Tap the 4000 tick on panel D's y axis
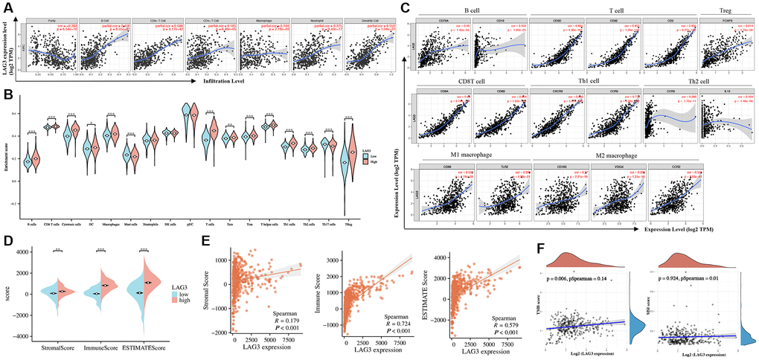pos(22,251)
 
